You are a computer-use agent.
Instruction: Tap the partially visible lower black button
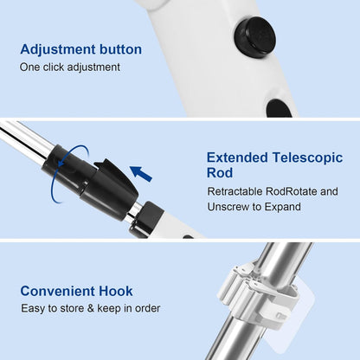279,109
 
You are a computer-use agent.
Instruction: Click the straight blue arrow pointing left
140,174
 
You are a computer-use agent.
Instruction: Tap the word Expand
284,208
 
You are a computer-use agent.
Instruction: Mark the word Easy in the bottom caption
34,308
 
